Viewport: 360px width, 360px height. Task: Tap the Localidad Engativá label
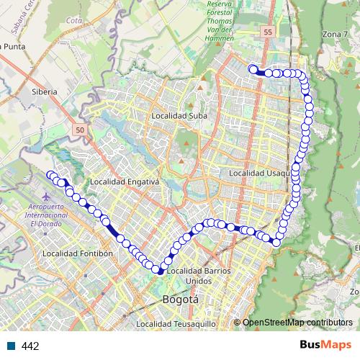pos(128,181)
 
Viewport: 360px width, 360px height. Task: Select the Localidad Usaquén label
pos(260,174)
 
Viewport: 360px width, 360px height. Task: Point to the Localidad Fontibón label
pos(78,253)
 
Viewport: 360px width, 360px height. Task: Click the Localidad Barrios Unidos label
pos(198,275)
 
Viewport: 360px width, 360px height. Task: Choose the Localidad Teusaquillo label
pos(176,324)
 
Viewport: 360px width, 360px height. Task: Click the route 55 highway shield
pos(268,33)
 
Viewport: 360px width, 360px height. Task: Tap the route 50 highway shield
pos(79,130)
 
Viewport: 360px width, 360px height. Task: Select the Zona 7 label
pos(336,55)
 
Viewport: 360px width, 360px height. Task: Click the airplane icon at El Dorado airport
pos(47,196)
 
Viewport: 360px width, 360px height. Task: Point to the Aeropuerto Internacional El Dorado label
pos(47,215)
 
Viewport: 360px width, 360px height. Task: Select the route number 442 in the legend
pos(30,346)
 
